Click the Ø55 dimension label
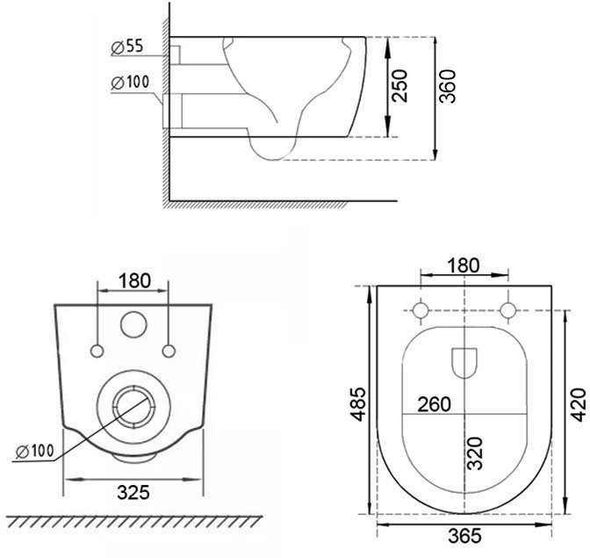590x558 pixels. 127,47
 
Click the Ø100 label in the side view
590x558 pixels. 130,82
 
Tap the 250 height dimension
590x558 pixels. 399,86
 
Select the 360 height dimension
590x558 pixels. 448,86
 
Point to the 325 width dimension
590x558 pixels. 133,492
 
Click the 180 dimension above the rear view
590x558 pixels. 134,280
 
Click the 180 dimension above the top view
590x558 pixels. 464,265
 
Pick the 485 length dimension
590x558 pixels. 358,403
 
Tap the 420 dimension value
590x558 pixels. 579,405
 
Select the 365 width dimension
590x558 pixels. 464,536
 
